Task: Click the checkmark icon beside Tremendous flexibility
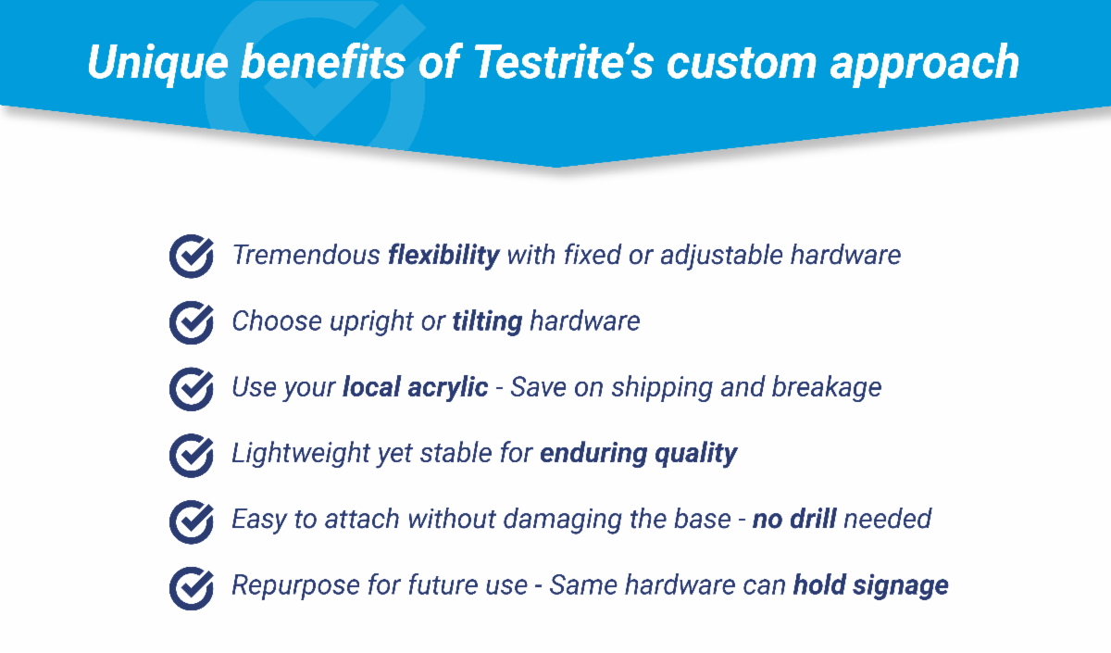[192, 256]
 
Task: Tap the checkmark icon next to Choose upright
[192, 322]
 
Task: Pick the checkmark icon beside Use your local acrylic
[192, 389]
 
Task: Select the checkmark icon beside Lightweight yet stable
[192, 456]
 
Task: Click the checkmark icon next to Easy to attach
[192, 522]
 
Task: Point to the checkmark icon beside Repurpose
[192, 588]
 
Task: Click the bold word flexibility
[443, 256]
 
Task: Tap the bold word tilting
[488, 322]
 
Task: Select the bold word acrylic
[448, 388]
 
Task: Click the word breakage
[827, 388]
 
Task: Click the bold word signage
[901, 586]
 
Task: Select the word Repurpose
[295, 586]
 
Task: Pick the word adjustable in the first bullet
[721, 256]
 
